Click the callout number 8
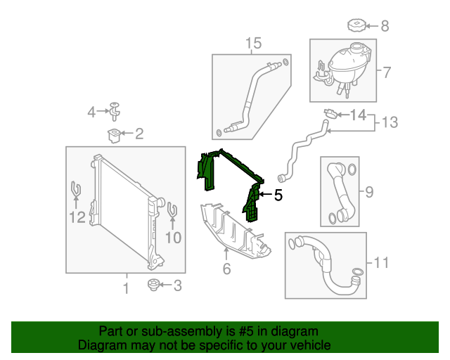click(385, 27)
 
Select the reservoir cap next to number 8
click(358, 27)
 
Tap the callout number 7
click(386, 72)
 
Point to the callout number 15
click(253, 44)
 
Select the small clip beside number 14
click(329, 113)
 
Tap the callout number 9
click(369, 191)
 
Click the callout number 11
click(380, 263)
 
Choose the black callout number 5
click(278, 196)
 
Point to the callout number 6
click(226, 269)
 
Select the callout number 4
click(91, 112)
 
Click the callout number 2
click(139, 133)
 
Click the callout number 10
click(173, 238)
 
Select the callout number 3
click(176, 285)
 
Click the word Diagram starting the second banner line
click(102, 345)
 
